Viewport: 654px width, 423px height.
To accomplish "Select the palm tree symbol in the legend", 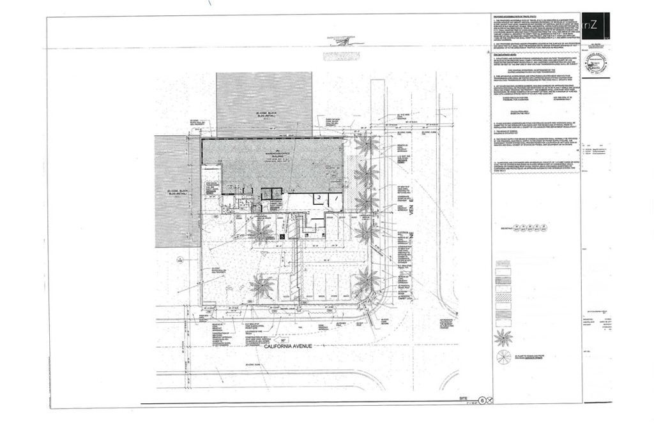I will click(503, 338).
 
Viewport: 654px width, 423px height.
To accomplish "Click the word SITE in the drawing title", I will click(464, 398).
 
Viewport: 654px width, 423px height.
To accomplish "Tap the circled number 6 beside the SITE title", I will click(483, 401).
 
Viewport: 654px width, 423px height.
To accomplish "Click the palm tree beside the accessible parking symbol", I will click(261, 232).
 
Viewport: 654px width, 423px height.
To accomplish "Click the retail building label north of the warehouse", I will click(262, 114).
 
